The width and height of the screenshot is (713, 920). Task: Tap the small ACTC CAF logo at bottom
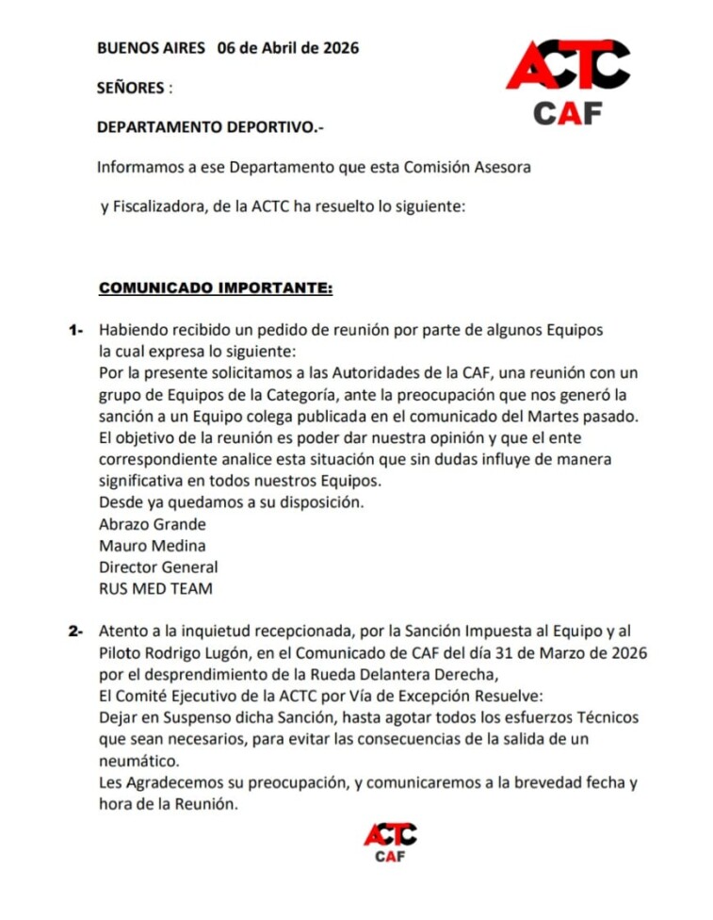390,842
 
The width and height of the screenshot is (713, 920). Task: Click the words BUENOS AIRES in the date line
151,48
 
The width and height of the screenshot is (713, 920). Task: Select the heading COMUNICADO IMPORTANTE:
216,287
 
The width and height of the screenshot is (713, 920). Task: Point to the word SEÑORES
131,88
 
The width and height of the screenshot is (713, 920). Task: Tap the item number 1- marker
76,330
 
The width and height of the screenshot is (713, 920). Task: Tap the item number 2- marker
76,631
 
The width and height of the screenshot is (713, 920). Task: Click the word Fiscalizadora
158,207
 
